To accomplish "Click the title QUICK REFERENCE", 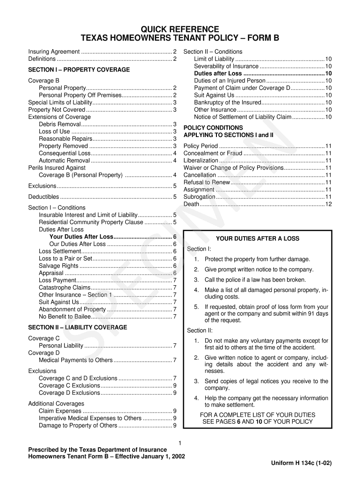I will (x=180, y=29).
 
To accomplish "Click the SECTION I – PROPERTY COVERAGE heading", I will (x=79, y=70).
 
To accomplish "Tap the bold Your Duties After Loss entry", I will (x=81, y=237).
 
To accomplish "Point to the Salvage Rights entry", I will (x=58, y=266).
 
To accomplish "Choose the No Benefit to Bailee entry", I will (x=65, y=316).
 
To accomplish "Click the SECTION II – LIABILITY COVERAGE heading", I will (x=78, y=327).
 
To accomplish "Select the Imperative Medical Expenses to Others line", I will (x=90, y=418).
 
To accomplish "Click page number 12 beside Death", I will (x=328, y=204).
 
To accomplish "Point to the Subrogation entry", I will (x=200, y=197).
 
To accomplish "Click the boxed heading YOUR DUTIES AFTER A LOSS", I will (x=258, y=239).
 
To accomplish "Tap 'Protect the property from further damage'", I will (x=257, y=259).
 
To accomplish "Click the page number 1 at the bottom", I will (x=180, y=443).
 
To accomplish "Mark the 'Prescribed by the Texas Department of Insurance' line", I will (x=97, y=450).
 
